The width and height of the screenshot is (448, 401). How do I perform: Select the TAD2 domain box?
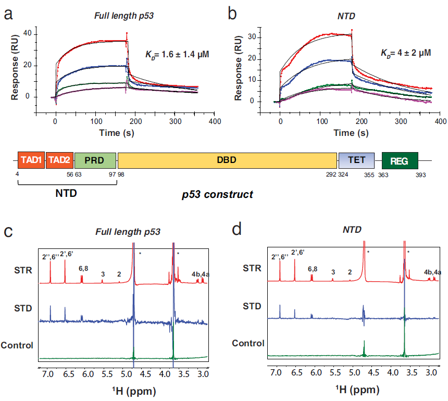click(59, 160)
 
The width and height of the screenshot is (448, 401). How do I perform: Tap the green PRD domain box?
click(95, 160)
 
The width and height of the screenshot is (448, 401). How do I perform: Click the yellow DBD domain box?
click(227, 160)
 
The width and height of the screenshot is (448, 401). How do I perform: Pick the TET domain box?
click(353, 160)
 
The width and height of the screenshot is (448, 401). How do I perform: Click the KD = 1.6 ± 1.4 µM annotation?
click(177, 54)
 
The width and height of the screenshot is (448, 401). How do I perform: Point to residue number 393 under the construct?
click(421, 176)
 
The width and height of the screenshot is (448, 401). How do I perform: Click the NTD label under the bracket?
click(67, 193)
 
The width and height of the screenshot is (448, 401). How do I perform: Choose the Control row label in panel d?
click(248, 343)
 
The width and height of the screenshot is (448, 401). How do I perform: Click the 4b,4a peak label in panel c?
click(200, 273)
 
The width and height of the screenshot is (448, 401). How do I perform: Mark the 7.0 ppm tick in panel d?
click(276, 373)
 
